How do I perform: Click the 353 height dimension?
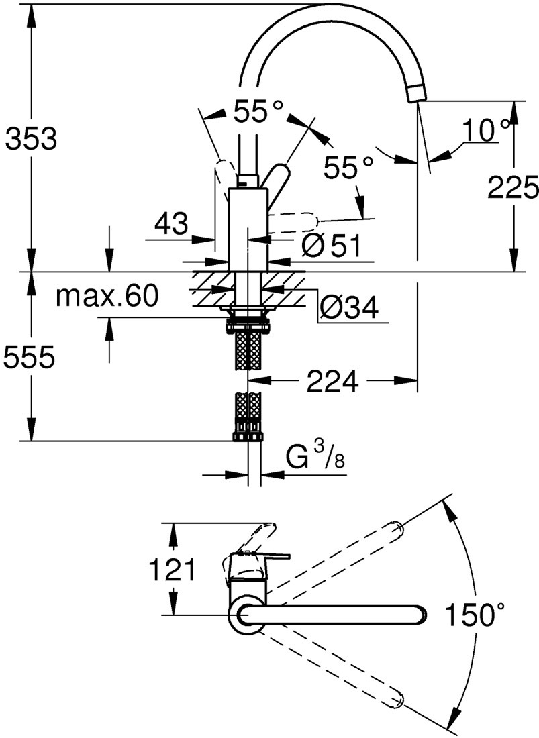tap(30, 140)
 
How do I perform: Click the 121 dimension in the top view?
tap(172, 571)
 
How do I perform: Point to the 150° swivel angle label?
tap(474, 615)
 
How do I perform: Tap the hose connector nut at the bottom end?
tap(248, 437)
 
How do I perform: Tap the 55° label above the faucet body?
tap(259, 113)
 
